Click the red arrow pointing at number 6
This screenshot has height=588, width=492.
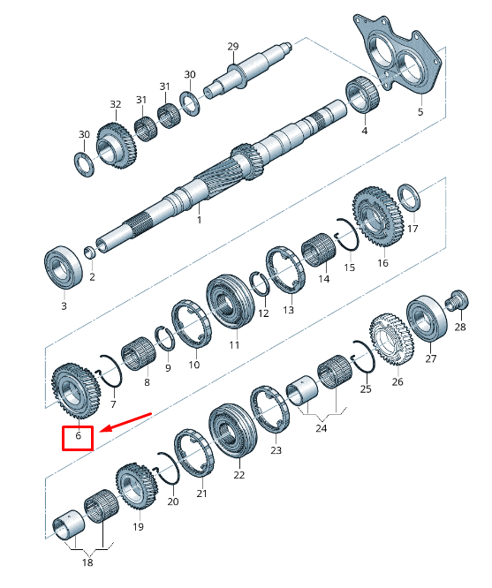[126, 422]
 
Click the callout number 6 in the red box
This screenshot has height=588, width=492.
[78, 436]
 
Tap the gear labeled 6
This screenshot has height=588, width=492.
[76, 391]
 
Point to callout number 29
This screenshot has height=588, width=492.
[232, 47]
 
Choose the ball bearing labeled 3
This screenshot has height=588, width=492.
[64, 267]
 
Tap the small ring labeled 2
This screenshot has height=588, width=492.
[90, 252]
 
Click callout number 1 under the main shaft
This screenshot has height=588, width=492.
[200, 219]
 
